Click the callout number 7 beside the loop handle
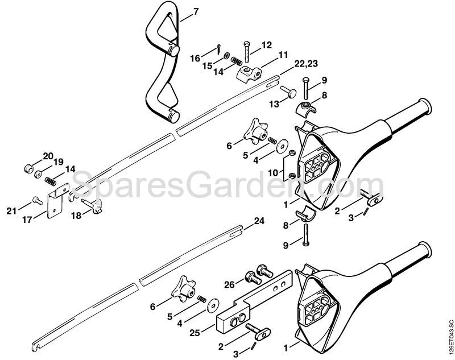(196, 12)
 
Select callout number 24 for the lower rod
(259, 221)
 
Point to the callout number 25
(195, 333)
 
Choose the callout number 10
(273, 173)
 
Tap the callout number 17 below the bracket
(28, 220)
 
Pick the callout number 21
(11, 211)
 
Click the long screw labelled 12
(246, 52)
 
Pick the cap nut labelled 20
(28, 168)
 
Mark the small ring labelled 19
(38, 175)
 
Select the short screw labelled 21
(37, 200)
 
